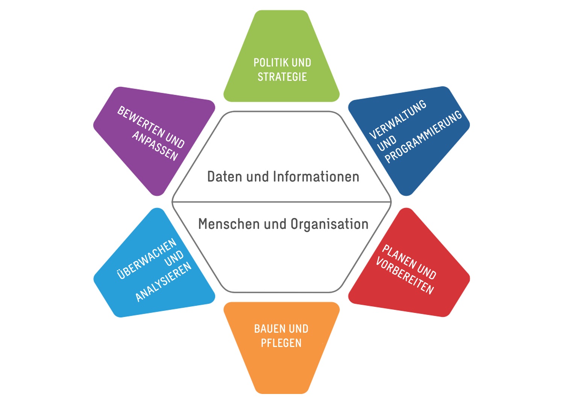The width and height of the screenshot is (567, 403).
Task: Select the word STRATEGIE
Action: tap(282, 77)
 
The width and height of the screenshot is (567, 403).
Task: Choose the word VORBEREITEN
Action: tap(405, 276)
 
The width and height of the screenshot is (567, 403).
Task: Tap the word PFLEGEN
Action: tap(281, 343)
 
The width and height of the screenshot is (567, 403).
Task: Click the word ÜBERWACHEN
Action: tap(147, 259)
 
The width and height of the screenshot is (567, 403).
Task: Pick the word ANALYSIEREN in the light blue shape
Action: tap(163, 282)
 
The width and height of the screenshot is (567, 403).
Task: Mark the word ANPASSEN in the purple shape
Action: tap(155, 146)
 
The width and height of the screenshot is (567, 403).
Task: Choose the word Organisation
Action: tap(329, 224)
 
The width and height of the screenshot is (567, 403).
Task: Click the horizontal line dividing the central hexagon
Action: tap(282, 202)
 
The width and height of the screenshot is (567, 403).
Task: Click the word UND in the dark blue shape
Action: tap(387, 143)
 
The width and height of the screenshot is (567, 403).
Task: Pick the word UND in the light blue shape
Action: tap(174, 258)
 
